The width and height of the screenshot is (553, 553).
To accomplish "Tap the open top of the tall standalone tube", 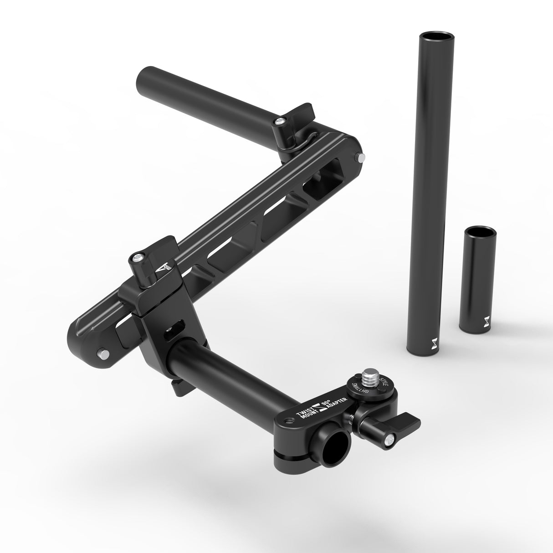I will [432, 37].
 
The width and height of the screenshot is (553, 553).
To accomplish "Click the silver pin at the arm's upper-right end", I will [361, 157].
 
